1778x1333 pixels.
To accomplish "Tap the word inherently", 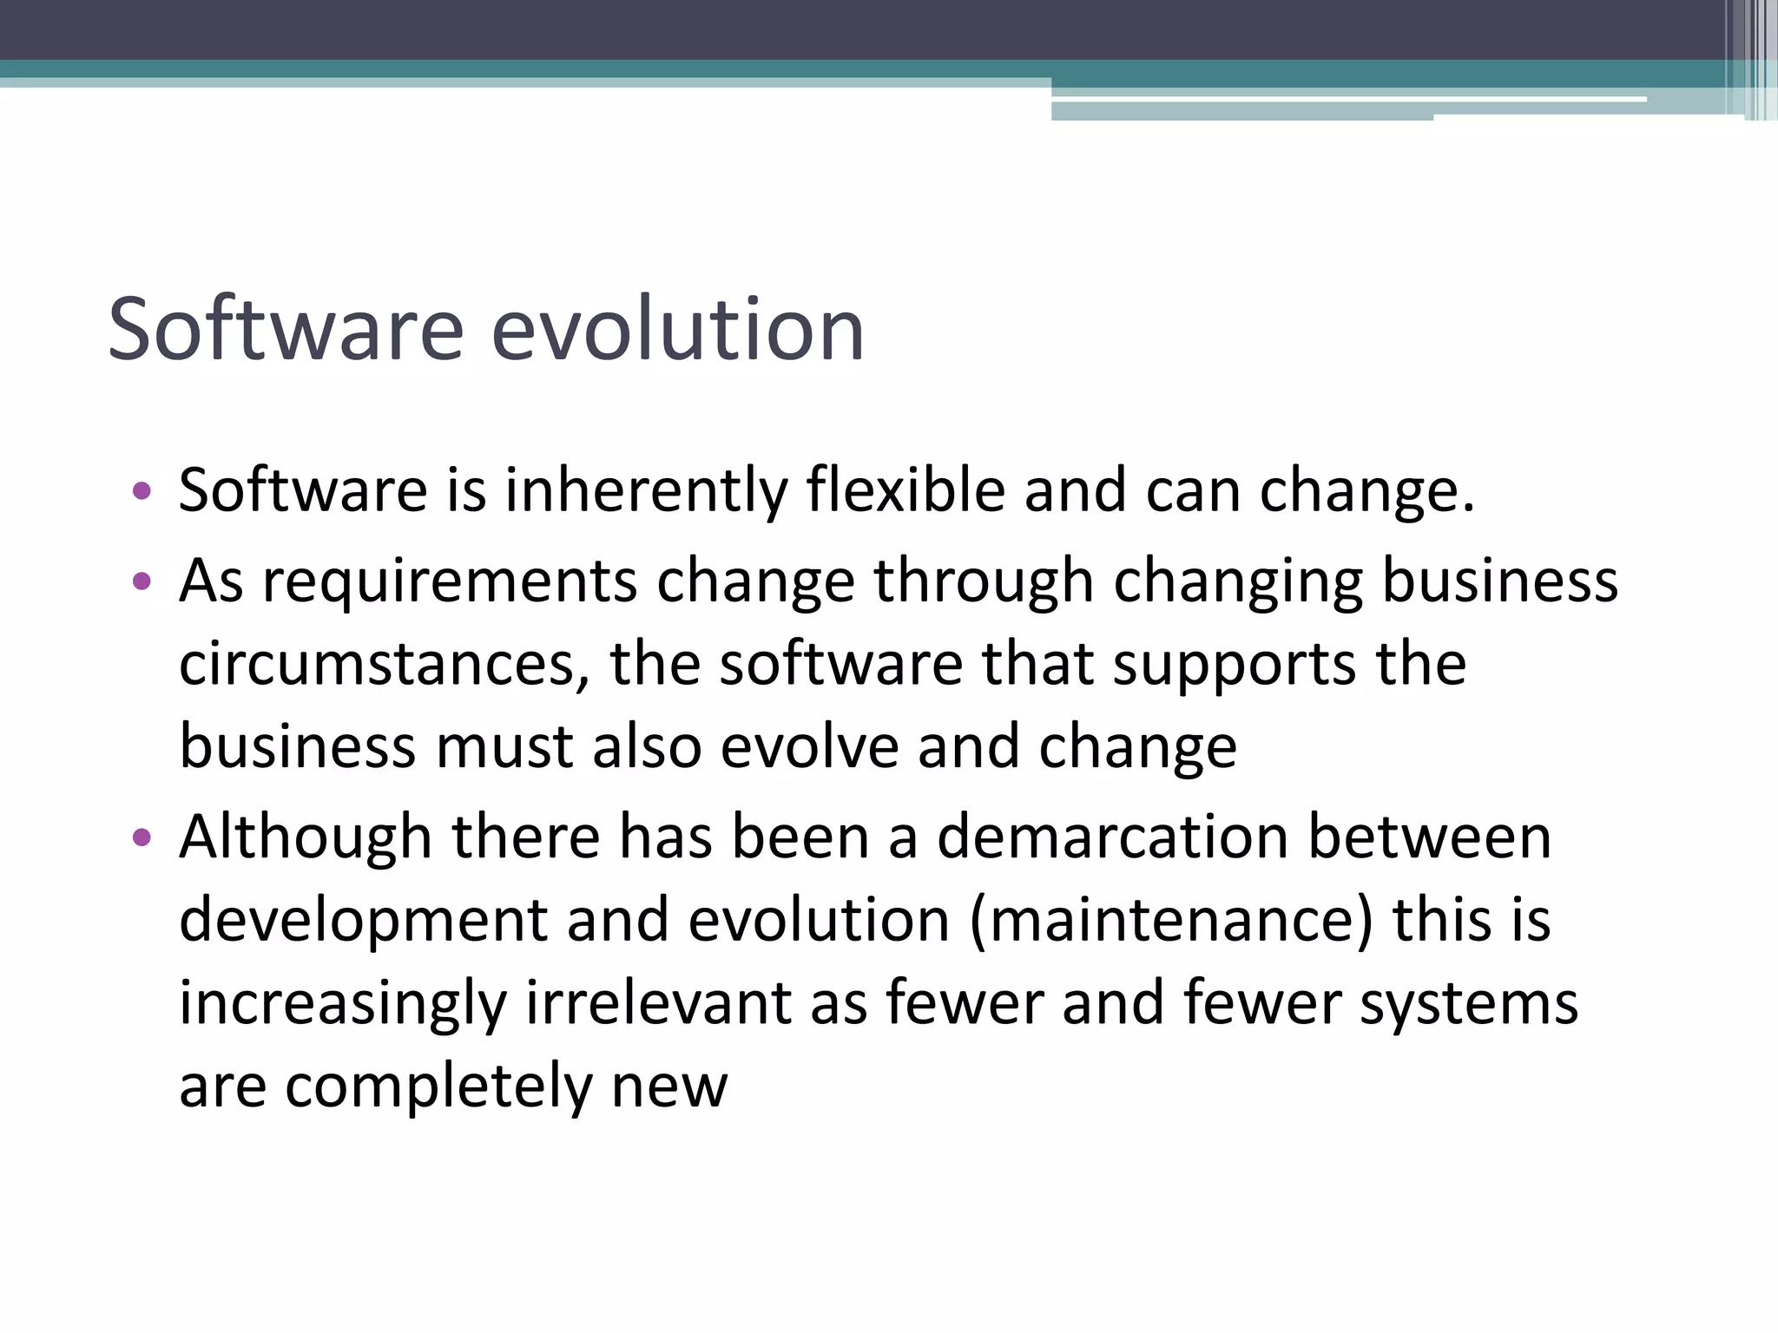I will [646, 491].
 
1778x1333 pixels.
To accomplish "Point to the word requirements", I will [450, 581].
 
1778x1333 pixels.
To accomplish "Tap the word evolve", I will [809, 746].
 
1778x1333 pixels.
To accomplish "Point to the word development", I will [363, 922].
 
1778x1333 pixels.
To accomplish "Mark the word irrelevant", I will [657, 1003].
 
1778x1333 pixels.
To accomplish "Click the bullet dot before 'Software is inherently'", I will [142, 492].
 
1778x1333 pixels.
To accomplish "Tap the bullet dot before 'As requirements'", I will [142, 581].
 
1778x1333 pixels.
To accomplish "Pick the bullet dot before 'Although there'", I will [142, 838].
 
